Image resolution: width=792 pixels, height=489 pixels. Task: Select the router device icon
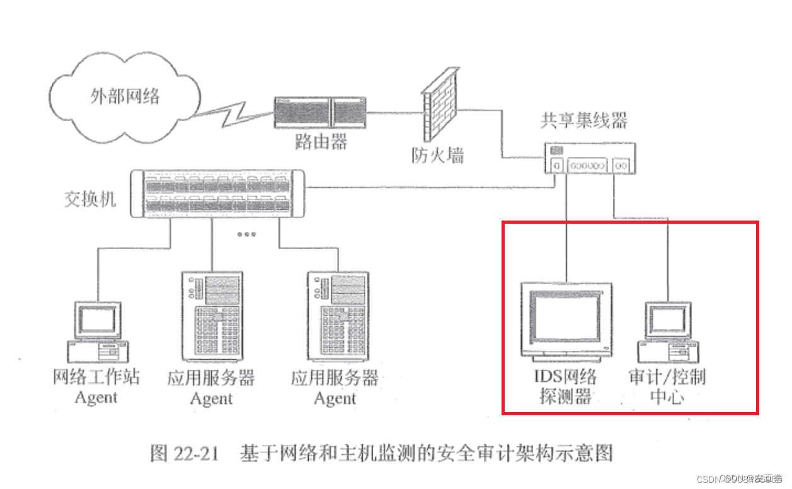[320, 113]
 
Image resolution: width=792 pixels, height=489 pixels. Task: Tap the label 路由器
[320, 142]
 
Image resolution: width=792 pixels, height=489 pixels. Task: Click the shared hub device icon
[589, 158]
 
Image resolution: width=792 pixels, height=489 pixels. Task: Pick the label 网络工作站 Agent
[96, 387]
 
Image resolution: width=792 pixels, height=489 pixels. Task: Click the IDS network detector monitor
[566, 319]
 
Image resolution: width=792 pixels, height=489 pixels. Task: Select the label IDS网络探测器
[565, 386]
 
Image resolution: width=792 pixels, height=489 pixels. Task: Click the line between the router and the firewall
[394, 113]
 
